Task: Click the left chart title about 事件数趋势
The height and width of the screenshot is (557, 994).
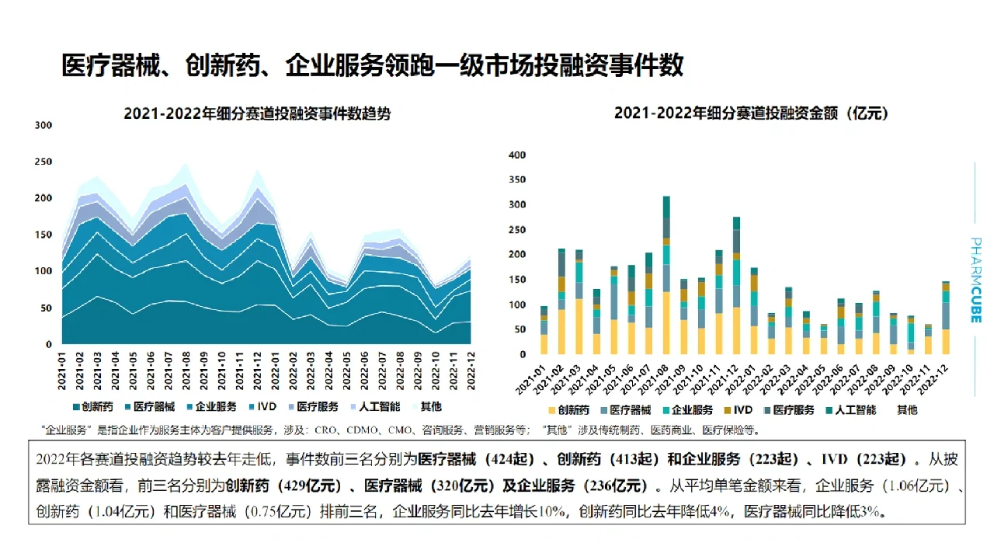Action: click(257, 113)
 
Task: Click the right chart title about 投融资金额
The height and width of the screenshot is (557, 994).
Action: click(751, 113)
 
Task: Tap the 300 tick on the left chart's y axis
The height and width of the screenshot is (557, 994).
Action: click(43, 125)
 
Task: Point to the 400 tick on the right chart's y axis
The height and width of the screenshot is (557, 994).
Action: click(516, 154)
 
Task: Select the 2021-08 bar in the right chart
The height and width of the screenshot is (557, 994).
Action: click(666, 275)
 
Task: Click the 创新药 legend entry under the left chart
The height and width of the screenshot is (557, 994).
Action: click(92, 406)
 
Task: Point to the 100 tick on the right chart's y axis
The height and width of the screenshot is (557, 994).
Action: click(516, 305)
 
